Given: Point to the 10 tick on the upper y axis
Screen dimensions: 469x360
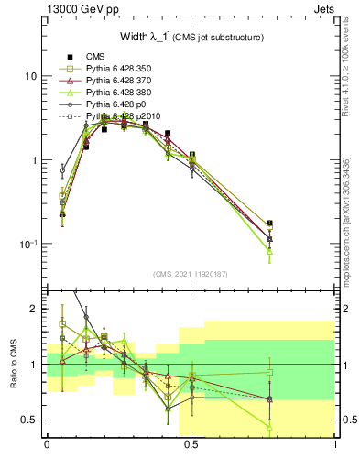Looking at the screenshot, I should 31,76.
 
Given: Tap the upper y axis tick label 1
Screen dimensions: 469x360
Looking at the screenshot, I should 34,160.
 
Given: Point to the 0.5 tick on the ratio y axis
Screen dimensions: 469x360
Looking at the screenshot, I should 29,420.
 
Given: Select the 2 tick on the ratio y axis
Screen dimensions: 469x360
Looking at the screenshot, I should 34,309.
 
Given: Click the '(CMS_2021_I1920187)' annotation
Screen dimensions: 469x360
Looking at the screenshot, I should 190,273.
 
